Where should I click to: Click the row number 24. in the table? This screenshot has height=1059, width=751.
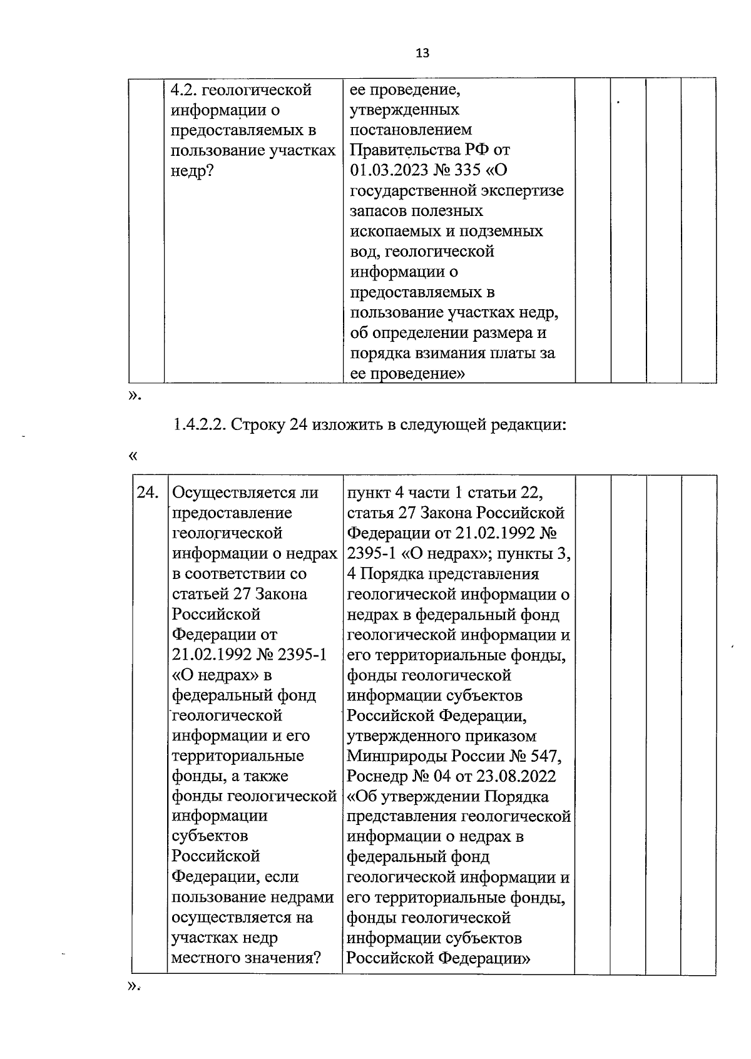(x=148, y=493)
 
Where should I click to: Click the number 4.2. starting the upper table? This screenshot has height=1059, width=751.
(x=184, y=90)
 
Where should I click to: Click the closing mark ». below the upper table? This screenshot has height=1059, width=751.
(x=134, y=395)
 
